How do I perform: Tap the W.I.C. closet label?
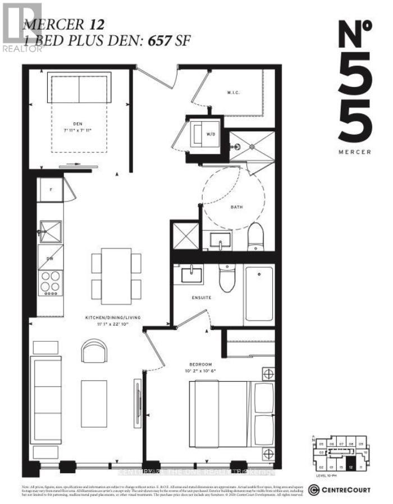tap(234, 93)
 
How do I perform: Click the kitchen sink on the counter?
tap(49, 231)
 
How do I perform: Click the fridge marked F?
tap(50, 189)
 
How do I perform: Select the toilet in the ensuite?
tap(227, 279)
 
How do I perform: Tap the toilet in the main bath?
tap(255, 236)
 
